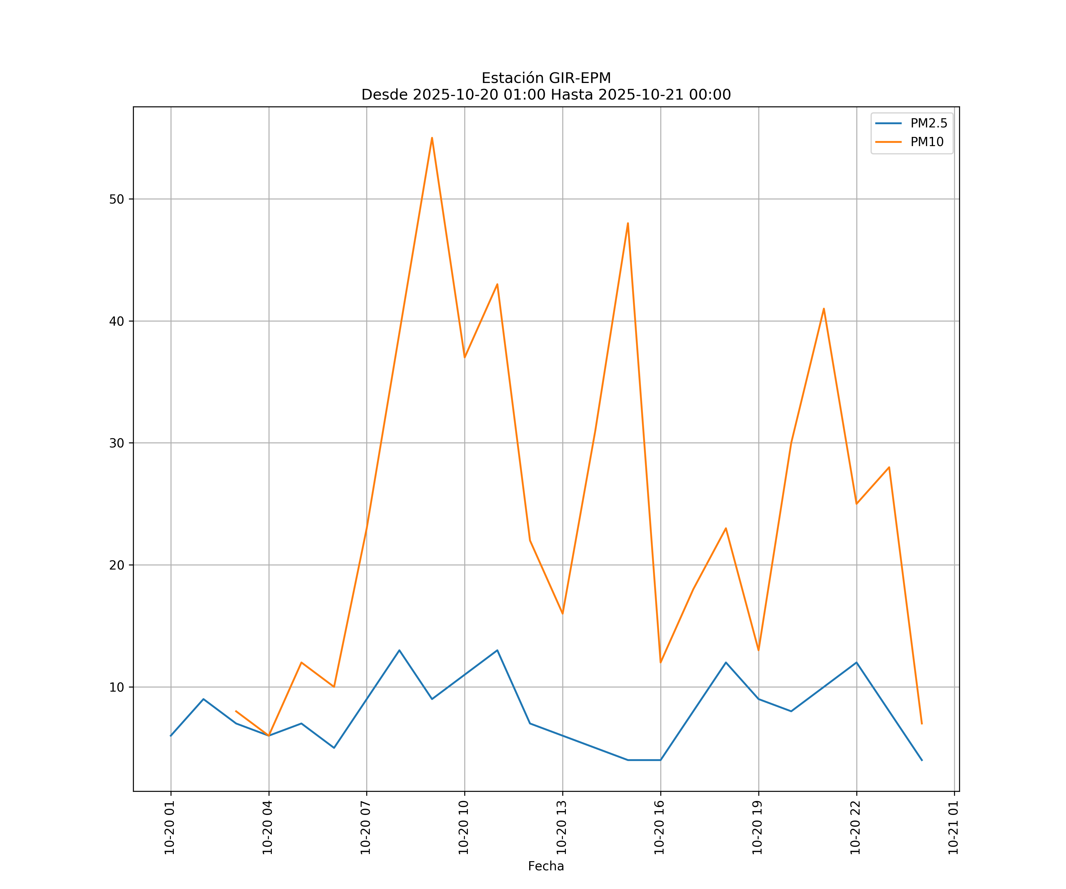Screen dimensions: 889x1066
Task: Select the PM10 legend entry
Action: pyautogui.click(x=927, y=142)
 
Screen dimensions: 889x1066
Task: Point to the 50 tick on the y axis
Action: pyautogui.click(x=116, y=199)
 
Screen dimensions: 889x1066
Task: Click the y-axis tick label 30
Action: pyautogui.click(x=116, y=443)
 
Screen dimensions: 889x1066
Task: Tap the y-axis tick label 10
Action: pyautogui.click(x=116, y=687)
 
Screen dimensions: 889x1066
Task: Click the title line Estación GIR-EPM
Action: pyautogui.click(x=546, y=78)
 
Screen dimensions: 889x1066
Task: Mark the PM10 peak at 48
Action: pyautogui.click(x=628, y=223)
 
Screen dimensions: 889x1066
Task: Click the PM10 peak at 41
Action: pyautogui.click(x=823, y=308)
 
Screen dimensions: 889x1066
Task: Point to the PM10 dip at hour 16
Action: pyautogui.click(x=660, y=662)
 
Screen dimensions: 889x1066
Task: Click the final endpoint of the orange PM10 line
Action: pyautogui.click(x=922, y=723)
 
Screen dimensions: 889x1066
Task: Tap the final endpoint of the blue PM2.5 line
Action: pyautogui.click(x=922, y=760)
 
